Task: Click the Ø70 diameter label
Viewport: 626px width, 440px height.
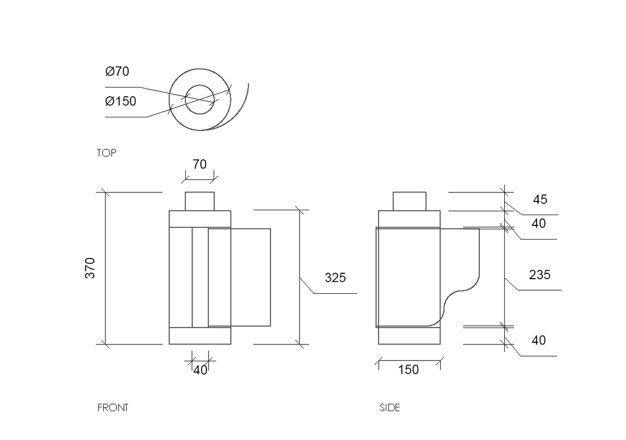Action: pyautogui.click(x=117, y=71)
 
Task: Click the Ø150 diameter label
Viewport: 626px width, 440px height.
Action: pyautogui.click(x=121, y=101)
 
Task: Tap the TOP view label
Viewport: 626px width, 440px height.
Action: pyautogui.click(x=107, y=153)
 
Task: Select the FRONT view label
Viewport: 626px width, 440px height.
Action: pyautogui.click(x=113, y=407)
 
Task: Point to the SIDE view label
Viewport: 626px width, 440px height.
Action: pyautogui.click(x=390, y=407)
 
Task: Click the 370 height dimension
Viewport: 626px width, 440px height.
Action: pyautogui.click(x=90, y=268)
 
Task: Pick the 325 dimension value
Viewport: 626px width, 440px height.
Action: pyautogui.click(x=335, y=278)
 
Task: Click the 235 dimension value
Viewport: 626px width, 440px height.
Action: pyautogui.click(x=540, y=275)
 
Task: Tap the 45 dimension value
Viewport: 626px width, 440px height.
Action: pyautogui.click(x=540, y=199)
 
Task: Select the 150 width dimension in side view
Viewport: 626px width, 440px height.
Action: pyautogui.click(x=409, y=370)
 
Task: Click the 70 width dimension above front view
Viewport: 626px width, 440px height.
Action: pyautogui.click(x=199, y=164)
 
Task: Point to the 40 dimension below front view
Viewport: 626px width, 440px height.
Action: pyautogui.click(x=201, y=370)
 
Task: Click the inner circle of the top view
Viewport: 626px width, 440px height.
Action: pyautogui.click(x=199, y=99)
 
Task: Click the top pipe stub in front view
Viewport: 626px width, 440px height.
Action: pyautogui.click(x=199, y=201)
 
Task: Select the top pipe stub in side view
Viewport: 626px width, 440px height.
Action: pyautogui.click(x=409, y=201)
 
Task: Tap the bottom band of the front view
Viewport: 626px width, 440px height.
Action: pyautogui.click(x=199, y=336)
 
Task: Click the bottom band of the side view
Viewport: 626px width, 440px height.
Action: pyautogui.click(x=409, y=336)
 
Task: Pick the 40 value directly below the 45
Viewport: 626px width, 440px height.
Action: pyautogui.click(x=539, y=223)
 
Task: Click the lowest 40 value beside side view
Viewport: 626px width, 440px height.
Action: pyautogui.click(x=539, y=341)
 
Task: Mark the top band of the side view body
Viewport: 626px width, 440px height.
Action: pyautogui.click(x=409, y=218)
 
